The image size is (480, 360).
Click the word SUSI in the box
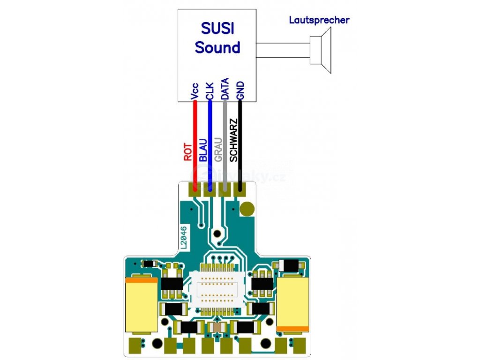217,29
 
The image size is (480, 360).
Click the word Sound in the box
217,47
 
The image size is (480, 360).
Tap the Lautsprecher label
319,20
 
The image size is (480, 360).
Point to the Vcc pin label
195,91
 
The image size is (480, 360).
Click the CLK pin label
210,90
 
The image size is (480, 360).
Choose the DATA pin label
225,89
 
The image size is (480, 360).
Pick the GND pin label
240,90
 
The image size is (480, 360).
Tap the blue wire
210,141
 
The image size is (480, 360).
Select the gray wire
225,141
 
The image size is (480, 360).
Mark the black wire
240,141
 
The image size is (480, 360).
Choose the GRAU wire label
218,151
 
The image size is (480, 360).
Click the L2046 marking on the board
183,237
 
